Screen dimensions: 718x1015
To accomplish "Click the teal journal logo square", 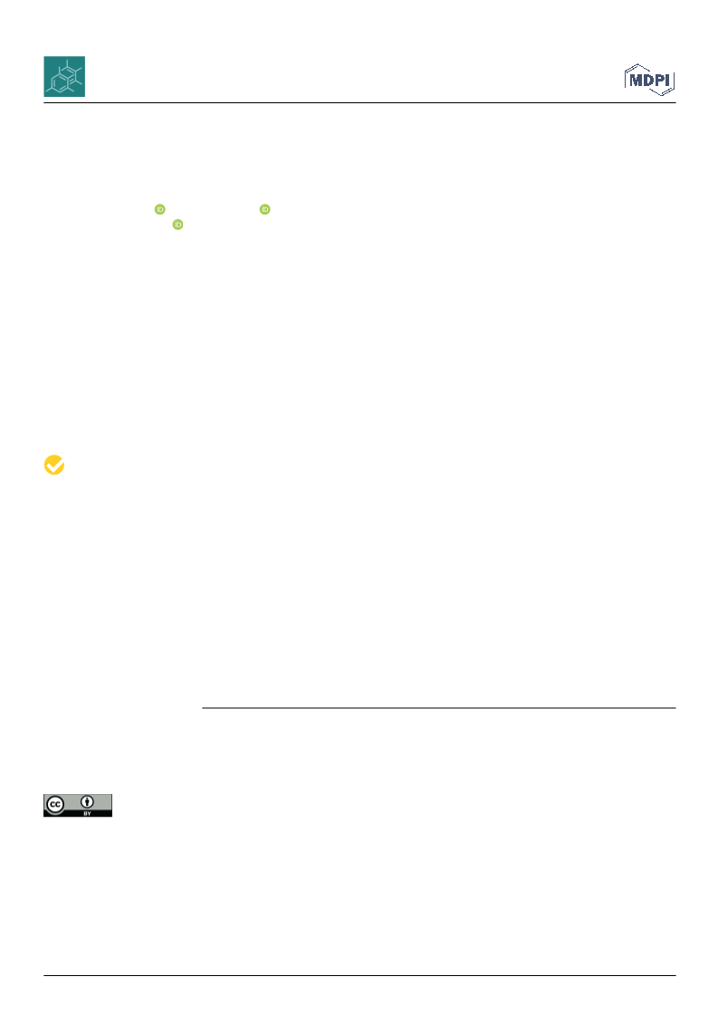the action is pos(64,76).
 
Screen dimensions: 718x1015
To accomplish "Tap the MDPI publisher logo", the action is pos(649,80).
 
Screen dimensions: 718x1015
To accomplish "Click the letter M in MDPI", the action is pos(635,80).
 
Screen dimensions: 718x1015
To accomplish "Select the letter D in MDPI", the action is pos(648,80).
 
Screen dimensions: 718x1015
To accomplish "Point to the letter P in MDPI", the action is pos(659,80).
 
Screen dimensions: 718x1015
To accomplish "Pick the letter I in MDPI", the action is pos(667,80).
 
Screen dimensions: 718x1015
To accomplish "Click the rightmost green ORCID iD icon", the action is pos(264,209).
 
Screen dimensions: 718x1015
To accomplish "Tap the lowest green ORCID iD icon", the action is pos(177,225).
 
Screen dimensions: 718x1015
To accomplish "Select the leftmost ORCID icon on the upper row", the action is pos(160,209).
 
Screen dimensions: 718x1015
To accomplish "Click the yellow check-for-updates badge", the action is pos(54,464).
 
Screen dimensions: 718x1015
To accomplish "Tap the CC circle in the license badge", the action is pos(55,805).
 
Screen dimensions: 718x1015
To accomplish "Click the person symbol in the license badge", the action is pos(87,802).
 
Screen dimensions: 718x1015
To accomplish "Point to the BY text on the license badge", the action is pos(87,813).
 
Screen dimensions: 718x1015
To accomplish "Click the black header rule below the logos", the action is pos(359,103).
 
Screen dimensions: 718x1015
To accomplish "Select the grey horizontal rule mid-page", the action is pos(439,708).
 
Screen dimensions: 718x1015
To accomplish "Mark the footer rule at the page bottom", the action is pos(359,975).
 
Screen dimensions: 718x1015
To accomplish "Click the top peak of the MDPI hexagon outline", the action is pos(638,64).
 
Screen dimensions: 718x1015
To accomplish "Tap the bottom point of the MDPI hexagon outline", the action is pos(662,96).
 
